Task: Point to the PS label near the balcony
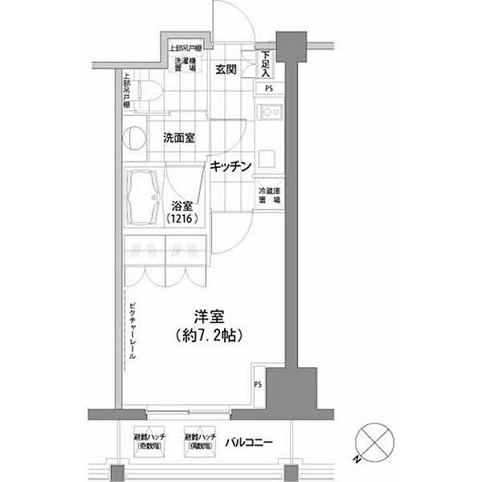point(258,384)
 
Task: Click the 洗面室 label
point(179,137)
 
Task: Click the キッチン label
point(232,166)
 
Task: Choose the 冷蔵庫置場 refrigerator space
point(268,197)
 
